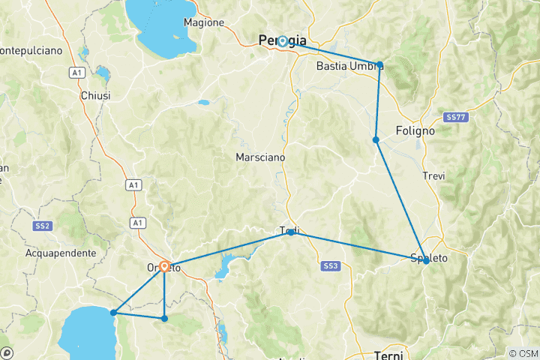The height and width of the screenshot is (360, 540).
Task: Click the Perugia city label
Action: (282, 40)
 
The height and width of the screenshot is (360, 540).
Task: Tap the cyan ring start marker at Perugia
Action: (283, 42)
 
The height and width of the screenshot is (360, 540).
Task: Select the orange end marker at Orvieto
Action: (164, 265)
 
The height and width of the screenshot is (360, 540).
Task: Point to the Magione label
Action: (204, 22)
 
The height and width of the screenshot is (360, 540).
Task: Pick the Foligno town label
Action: (415, 130)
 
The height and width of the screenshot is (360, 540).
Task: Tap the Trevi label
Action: (433, 175)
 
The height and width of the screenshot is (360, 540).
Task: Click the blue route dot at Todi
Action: (291, 232)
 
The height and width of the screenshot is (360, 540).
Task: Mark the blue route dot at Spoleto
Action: (426, 261)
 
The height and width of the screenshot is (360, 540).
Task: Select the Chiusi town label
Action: (95, 96)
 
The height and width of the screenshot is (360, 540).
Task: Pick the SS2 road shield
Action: (42, 226)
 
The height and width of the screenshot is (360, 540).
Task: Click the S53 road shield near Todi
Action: (331, 266)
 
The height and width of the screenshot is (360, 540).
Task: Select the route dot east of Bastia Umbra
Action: (380, 64)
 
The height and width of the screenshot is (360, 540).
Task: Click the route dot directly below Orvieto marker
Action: (164, 319)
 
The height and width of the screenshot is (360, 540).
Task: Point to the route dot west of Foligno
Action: (376, 139)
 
